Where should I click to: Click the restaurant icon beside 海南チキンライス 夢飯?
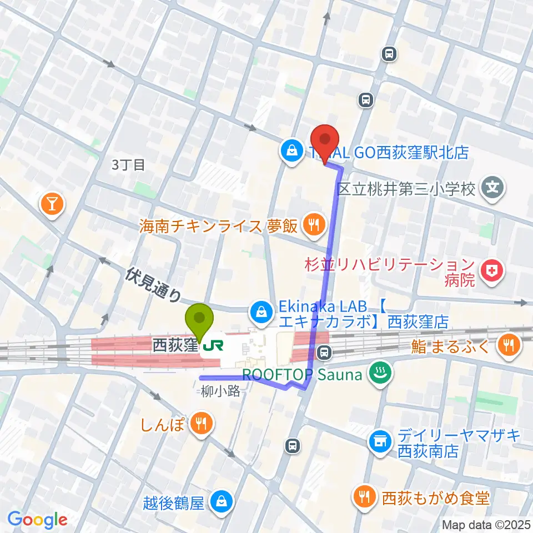tap(313, 225)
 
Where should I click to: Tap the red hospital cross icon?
tap(490, 271)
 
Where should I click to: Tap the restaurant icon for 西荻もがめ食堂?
tap(364, 497)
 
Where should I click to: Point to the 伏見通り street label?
tap(153, 284)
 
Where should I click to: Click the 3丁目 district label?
tap(128, 165)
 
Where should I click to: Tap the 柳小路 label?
tap(221, 391)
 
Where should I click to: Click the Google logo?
tap(38, 519)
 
